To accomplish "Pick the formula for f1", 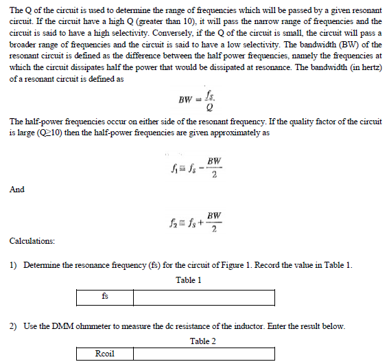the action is [196, 167].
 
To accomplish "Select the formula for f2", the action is [196, 224].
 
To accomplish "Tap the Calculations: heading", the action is [33, 241].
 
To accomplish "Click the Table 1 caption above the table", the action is [189, 280].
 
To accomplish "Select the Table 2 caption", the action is [203, 341].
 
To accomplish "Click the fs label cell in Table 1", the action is [104, 297].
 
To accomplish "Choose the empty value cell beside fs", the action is [204, 297].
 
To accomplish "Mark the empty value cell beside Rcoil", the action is [204, 354].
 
